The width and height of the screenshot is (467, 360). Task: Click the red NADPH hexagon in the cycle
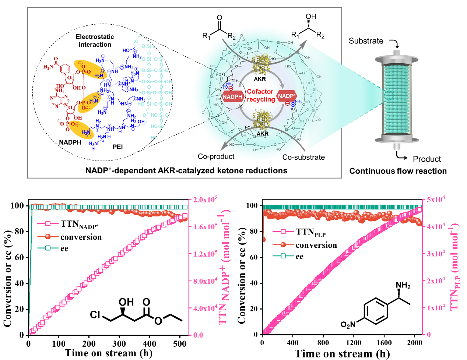pyautogui.click(x=233, y=96)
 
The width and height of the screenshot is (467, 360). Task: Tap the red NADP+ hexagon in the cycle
pyautogui.click(x=287, y=96)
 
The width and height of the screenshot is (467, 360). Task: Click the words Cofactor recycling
pyautogui.click(x=260, y=95)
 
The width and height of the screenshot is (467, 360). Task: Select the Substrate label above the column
pyautogui.click(x=366, y=41)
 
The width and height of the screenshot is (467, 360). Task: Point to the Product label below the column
pyautogui.click(x=426, y=159)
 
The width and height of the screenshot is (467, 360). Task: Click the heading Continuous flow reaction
pyautogui.click(x=398, y=171)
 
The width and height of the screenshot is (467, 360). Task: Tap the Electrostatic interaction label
pyautogui.click(x=95, y=40)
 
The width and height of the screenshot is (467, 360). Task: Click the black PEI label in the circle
pyautogui.click(x=117, y=147)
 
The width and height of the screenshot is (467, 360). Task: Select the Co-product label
pyautogui.click(x=216, y=156)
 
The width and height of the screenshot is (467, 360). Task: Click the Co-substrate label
pyautogui.click(x=303, y=157)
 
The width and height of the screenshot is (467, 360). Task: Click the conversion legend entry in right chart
pyautogui.click(x=316, y=245)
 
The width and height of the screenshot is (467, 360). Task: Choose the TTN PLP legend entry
pyautogui.click(x=310, y=232)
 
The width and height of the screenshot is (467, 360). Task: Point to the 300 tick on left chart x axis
pyautogui.click(x=119, y=344)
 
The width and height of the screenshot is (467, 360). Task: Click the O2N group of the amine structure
pyautogui.click(x=348, y=325)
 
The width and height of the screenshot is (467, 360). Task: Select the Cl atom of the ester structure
pyautogui.click(x=95, y=315)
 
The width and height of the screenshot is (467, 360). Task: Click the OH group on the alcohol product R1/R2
pyautogui.click(x=311, y=17)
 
